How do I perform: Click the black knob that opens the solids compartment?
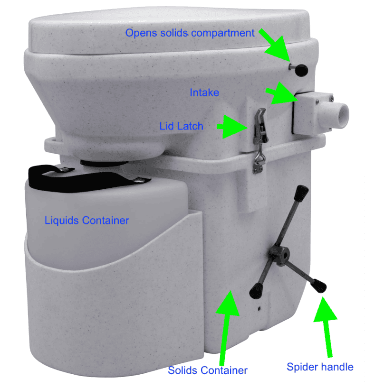coord(301,71)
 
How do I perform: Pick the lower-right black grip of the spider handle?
coord(319,286)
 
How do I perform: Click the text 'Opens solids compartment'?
coord(190,33)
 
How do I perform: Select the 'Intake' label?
coord(204,92)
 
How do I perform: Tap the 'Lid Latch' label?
coord(181,126)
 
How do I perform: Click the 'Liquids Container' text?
coord(87,221)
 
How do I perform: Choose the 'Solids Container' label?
coord(208,370)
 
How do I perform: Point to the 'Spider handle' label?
coord(320,367)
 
